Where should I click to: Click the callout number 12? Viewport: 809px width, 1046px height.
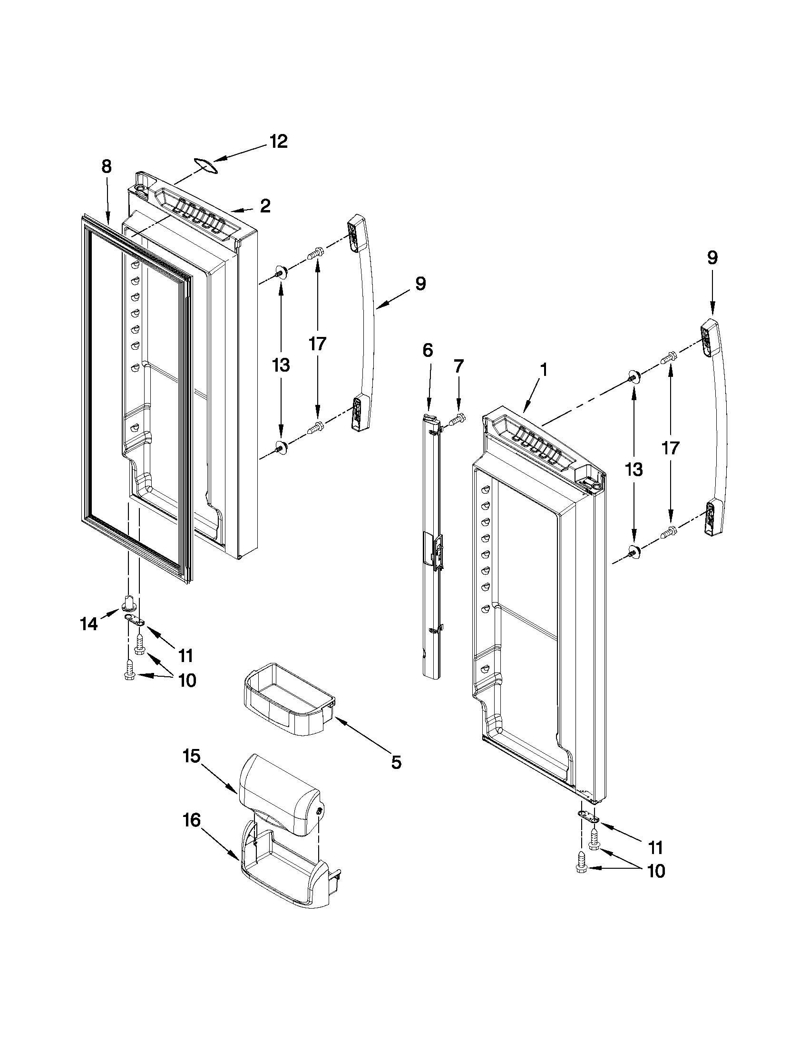tap(278, 142)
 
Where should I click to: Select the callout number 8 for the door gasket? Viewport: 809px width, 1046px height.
tap(107, 167)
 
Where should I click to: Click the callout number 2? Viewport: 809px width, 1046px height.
tap(265, 206)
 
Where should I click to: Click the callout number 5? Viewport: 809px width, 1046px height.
tap(396, 762)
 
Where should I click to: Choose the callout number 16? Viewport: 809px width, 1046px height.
tap(191, 820)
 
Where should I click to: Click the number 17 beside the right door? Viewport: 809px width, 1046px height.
tap(670, 448)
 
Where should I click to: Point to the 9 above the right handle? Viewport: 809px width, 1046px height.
tap(712, 258)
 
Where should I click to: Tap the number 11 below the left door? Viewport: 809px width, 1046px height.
tap(185, 654)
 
